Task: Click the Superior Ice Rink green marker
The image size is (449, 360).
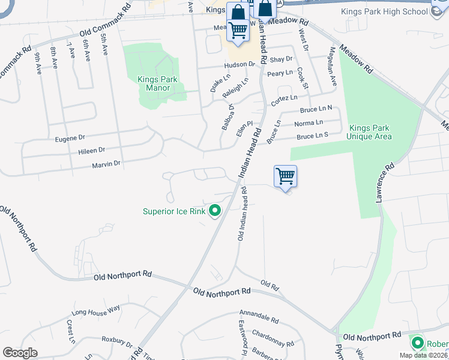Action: click(214, 211)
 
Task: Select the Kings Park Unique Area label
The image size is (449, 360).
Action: click(369, 132)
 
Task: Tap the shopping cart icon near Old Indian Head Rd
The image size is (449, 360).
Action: click(285, 177)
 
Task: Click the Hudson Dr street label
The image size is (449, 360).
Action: click(240, 64)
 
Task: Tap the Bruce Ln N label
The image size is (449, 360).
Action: click(316, 110)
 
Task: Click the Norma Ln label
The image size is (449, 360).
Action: click(309, 123)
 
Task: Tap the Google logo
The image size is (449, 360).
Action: click(20, 352)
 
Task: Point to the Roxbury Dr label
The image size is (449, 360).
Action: click(116, 341)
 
